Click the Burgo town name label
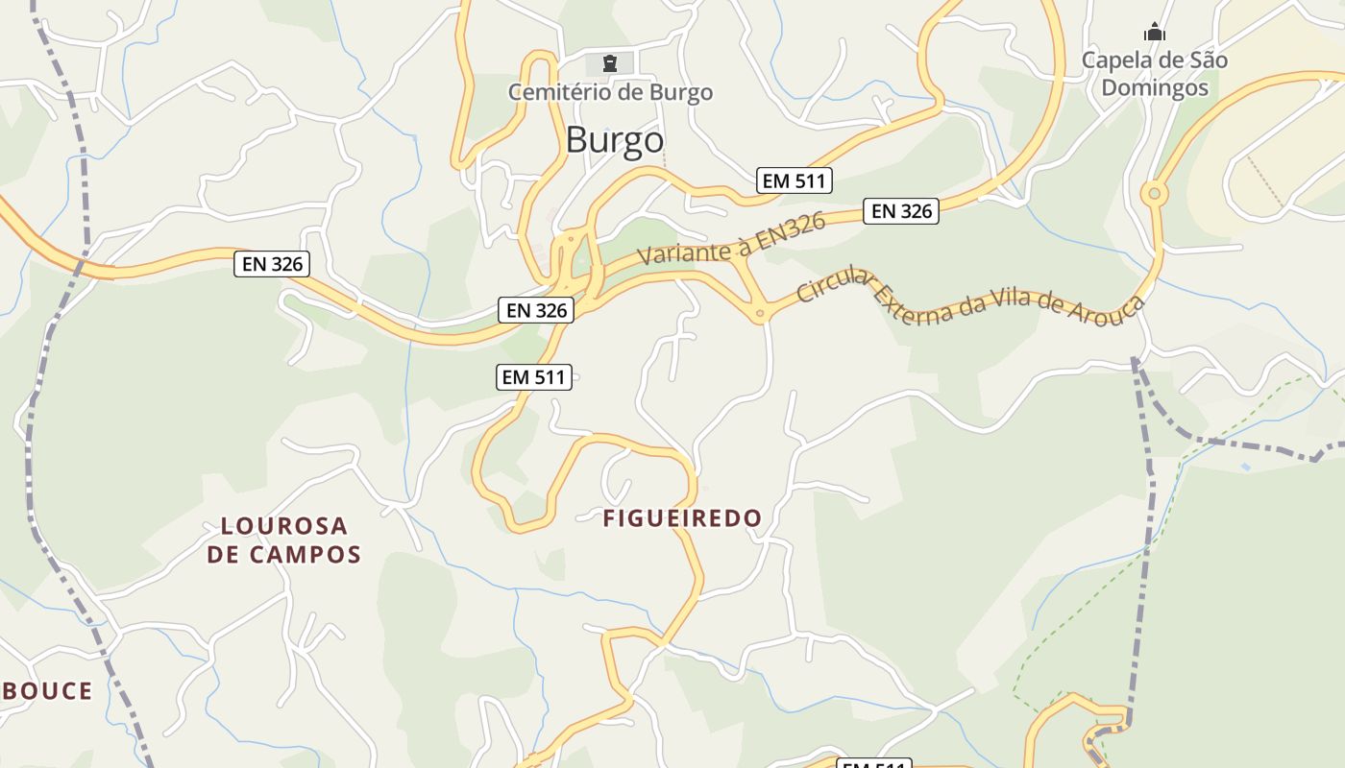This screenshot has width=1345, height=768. [614, 140]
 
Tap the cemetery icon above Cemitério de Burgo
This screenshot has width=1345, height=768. [609, 64]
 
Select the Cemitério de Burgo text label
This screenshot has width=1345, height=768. [610, 92]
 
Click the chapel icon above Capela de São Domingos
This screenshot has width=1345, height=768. [1155, 34]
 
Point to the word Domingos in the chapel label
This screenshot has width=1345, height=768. [1154, 87]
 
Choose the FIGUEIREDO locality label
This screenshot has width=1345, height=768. [682, 518]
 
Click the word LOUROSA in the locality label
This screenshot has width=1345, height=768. [284, 526]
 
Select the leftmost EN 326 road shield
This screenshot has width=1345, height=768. [272, 264]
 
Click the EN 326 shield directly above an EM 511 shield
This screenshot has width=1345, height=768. [536, 310]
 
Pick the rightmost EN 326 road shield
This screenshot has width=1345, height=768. [900, 211]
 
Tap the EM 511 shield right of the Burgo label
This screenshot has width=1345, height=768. [794, 180]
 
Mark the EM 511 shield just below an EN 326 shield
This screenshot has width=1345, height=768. [534, 377]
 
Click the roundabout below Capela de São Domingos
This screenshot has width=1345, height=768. [1154, 194]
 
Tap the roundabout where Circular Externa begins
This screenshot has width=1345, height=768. [760, 312]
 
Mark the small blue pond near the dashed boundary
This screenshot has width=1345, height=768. [1246, 467]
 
